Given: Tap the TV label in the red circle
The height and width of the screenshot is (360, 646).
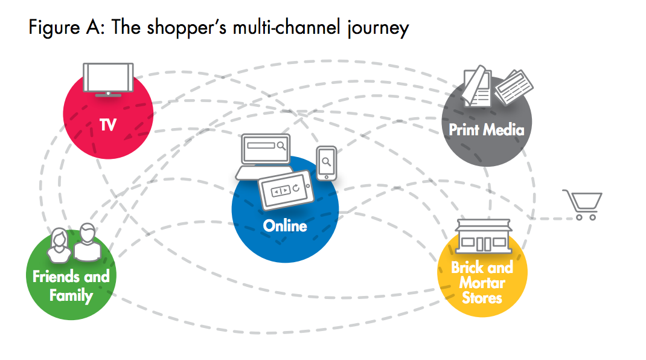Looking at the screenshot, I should click(x=108, y=125).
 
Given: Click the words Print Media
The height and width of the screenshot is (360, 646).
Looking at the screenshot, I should click(x=487, y=129).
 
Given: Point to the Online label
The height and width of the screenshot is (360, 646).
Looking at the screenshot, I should click(x=285, y=226).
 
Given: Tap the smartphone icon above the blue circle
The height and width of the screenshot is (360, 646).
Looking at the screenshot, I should click(x=326, y=162).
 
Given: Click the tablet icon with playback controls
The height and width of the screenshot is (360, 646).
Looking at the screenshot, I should click(x=284, y=191).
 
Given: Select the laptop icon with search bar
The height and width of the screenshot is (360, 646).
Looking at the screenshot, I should click(x=263, y=155).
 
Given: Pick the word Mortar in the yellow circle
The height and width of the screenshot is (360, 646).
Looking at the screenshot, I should click(x=482, y=282).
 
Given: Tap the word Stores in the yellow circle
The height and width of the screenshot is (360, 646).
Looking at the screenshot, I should click(x=482, y=297).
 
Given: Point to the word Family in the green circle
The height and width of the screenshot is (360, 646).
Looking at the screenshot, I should click(x=71, y=295).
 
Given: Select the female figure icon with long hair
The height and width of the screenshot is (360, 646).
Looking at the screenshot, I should click(x=60, y=245).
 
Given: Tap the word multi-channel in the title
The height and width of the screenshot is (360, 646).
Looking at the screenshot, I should click(x=277, y=28).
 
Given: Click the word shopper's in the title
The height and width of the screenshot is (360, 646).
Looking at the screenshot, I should click(x=181, y=28).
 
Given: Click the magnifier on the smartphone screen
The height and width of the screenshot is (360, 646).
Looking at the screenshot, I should click(x=326, y=161).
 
